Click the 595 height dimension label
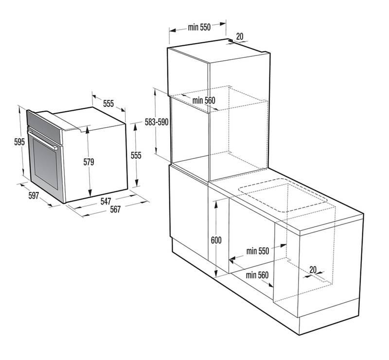point(19,142)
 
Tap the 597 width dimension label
point(34,196)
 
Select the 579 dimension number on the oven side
point(88,162)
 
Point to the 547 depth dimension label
point(106,201)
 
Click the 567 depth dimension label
point(115,209)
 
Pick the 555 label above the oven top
point(108,103)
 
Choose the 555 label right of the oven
point(136,155)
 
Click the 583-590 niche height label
point(157,122)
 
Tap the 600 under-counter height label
point(216,240)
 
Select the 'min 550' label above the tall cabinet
point(199,27)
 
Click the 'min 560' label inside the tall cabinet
point(204,101)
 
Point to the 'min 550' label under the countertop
point(258,251)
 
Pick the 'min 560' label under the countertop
point(257,275)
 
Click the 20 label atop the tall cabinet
point(240,36)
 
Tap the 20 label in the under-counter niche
point(313,270)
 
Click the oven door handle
point(43,140)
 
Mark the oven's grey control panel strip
point(44,126)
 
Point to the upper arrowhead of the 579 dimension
point(88,130)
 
